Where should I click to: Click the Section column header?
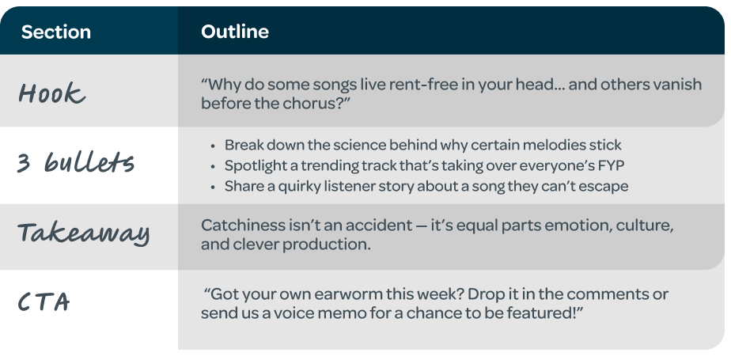click(x=56, y=32)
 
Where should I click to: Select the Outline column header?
click(x=234, y=32)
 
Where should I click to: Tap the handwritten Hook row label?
click(x=51, y=94)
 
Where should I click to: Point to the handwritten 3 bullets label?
click(x=76, y=163)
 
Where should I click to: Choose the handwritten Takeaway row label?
click(x=84, y=233)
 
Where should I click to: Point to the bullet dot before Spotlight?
click(x=214, y=167)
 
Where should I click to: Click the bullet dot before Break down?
click(x=214, y=146)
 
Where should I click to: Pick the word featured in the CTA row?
click(x=547, y=314)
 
